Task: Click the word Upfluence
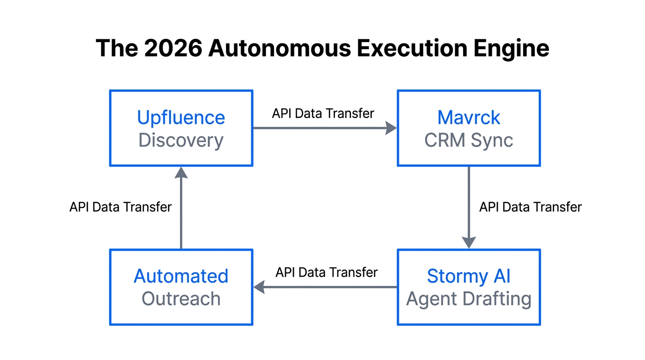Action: (x=181, y=117)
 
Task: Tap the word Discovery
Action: (x=181, y=140)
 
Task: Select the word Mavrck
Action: (x=468, y=117)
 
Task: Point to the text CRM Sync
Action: (x=468, y=140)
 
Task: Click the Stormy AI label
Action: (x=468, y=276)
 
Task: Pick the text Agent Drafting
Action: (x=468, y=299)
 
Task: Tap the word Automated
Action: (x=181, y=276)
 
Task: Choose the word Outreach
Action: (x=181, y=299)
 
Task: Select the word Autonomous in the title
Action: (x=280, y=48)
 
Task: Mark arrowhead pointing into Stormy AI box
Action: (x=469, y=242)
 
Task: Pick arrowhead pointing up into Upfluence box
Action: (x=181, y=172)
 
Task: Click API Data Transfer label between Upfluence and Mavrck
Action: (x=323, y=113)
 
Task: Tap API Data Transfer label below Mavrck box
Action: (x=530, y=207)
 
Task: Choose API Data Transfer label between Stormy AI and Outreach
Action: (x=326, y=272)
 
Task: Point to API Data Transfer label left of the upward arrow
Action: (x=120, y=207)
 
